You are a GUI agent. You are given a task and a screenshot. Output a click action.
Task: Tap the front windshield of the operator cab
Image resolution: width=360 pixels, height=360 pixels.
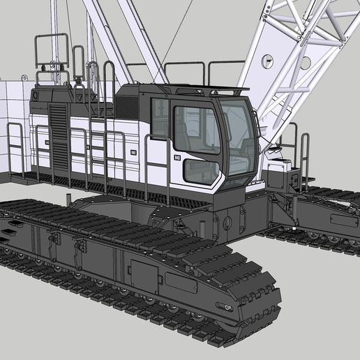click(x=239, y=136)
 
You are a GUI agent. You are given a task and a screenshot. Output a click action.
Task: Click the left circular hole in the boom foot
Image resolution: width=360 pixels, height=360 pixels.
click(x=267, y=62)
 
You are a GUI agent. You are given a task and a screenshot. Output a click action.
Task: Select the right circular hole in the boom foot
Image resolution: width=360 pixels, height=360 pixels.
click(x=305, y=63)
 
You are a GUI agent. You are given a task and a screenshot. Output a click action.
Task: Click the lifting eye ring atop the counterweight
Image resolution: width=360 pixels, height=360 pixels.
click(x=36, y=93)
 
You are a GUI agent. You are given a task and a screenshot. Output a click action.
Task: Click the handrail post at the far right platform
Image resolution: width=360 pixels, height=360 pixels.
click(x=305, y=157)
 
